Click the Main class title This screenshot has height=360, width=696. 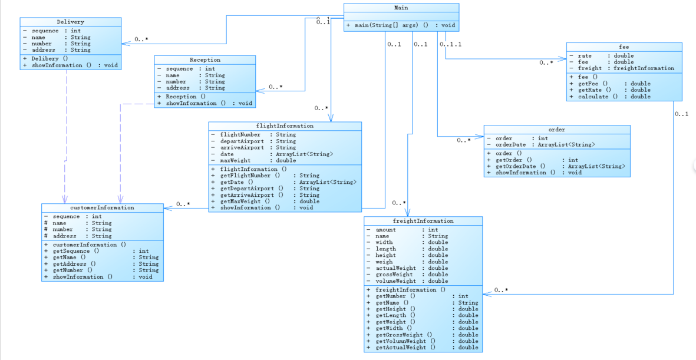tap(401, 8)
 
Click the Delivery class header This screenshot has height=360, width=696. tap(70, 22)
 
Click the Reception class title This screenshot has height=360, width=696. tap(204, 60)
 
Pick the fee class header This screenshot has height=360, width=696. tap(624, 47)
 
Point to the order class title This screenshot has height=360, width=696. tap(556, 129)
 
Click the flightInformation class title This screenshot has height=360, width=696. tap(285, 125)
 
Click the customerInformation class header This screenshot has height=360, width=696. tap(102, 207)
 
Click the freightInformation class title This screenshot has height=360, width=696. tap(423, 221)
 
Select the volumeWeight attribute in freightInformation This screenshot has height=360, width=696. tap(395, 281)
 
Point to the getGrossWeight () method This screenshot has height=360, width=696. tap(404, 335)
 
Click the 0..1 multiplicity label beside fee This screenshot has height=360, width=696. tap(682, 114)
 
